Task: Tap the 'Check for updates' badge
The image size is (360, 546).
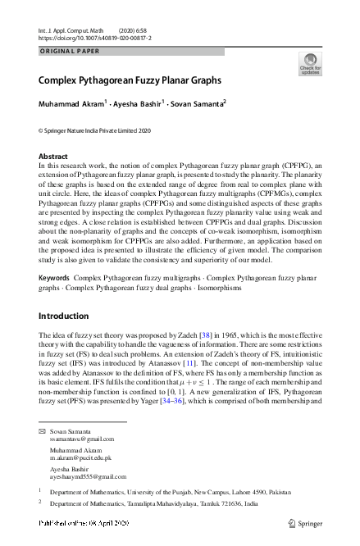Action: pyautogui.click(x=311, y=64)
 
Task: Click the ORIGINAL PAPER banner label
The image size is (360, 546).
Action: pyautogui.click(x=69, y=51)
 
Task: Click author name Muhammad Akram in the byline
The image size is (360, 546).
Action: pyautogui.click(x=72, y=104)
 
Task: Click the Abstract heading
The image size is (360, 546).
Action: pyautogui.click(x=54, y=155)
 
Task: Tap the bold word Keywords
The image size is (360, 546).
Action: pyautogui.click(x=55, y=279)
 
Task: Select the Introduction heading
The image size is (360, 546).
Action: pyautogui.click(x=68, y=316)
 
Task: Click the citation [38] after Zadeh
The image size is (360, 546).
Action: pyautogui.click(x=208, y=336)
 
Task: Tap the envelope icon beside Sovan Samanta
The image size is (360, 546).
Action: pyautogui.click(x=43, y=430)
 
